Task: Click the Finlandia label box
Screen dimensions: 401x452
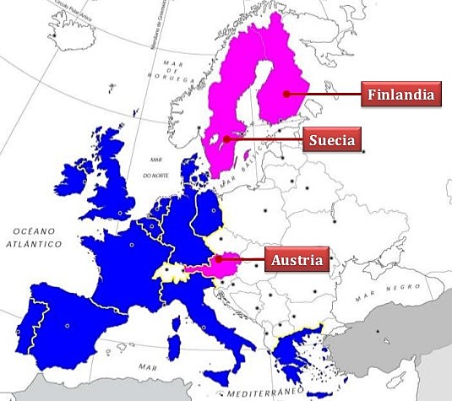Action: (x=401, y=94)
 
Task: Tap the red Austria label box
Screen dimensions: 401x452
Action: (x=296, y=259)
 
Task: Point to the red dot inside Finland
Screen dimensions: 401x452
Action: (x=287, y=94)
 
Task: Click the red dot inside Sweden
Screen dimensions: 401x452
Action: (x=226, y=138)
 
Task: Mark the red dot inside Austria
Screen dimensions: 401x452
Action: (x=218, y=259)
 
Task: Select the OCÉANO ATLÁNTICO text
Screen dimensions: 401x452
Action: (x=32, y=236)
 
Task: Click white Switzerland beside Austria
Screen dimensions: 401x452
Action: (x=172, y=272)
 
